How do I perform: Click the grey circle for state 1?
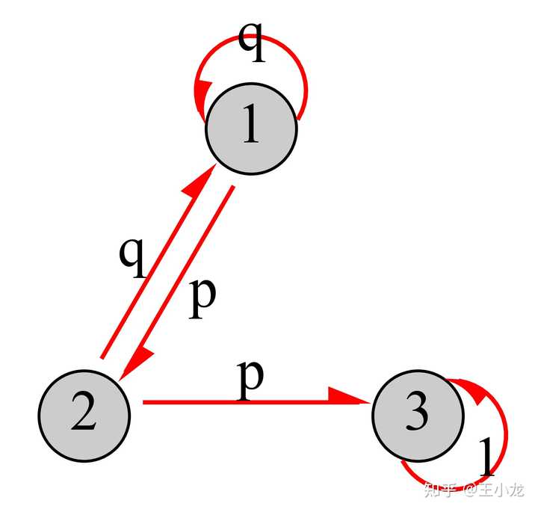pos(251,129)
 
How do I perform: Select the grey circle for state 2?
pos(84,416)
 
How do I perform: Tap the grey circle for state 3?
pos(418,416)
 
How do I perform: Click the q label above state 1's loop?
pos(252,42)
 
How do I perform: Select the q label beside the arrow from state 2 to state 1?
pos(132,257)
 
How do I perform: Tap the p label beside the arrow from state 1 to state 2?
pos(202,298)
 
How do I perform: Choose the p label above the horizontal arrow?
pos(250,380)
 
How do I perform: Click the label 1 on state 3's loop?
pos(486,457)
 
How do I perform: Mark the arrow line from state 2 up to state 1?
pos(158,262)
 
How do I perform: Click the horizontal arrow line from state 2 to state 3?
pos(256,401)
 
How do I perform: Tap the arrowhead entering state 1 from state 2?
pos(201,180)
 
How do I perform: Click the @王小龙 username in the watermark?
pos(495,490)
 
